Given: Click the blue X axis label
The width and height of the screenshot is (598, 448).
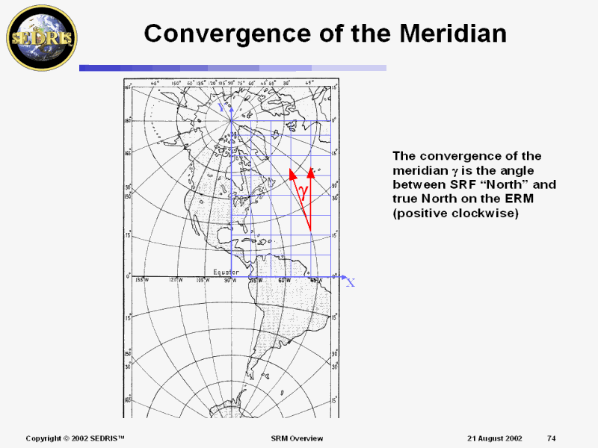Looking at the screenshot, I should point(351,282).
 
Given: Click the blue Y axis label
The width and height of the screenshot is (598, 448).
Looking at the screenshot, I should point(221,108).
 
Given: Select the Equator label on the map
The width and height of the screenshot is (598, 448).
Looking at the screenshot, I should point(226,272).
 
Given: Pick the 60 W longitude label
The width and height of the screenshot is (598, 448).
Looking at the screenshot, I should point(284,280).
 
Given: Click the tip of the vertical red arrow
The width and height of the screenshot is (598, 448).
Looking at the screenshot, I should point(310,171).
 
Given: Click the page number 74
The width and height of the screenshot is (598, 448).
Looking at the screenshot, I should point(551,438).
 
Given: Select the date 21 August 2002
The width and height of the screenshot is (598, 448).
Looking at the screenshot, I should point(495,438).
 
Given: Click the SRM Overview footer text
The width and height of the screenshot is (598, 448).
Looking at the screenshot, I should point(297,438).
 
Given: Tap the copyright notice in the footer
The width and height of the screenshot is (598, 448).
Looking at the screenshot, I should point(75,438).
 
